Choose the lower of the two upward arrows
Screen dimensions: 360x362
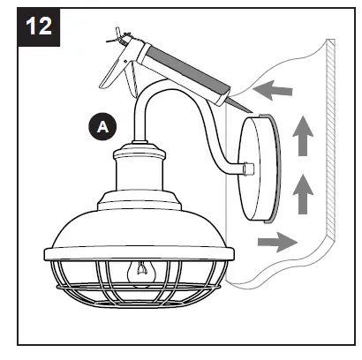tap(302, 190)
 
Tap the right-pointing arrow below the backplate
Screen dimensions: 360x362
tap(272, 239)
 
